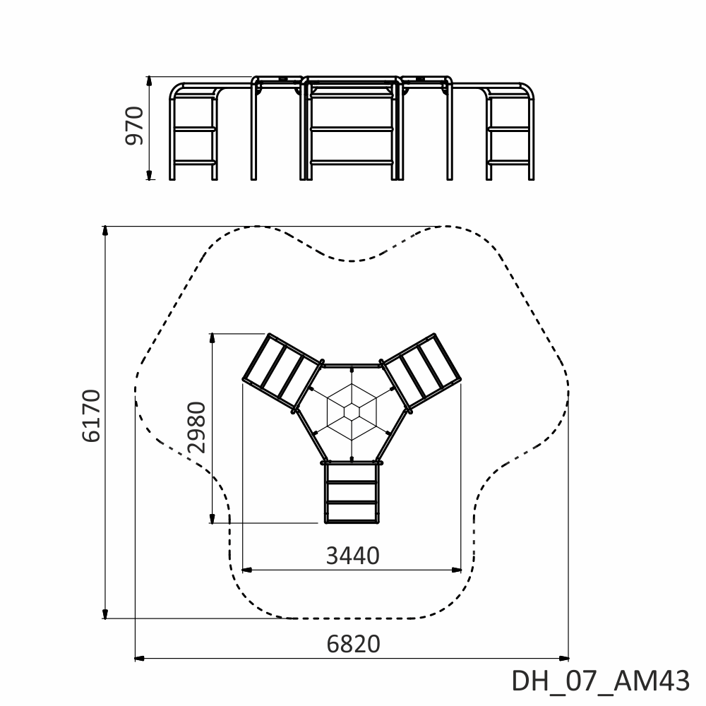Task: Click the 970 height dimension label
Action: (134, 126)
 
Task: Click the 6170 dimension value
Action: (91, 416)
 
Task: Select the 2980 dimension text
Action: (197, 427)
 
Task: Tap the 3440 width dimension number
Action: (352, 556)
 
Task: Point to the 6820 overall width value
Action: (354, 644)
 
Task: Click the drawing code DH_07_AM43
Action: (601, 681)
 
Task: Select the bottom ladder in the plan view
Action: (352, 493)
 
